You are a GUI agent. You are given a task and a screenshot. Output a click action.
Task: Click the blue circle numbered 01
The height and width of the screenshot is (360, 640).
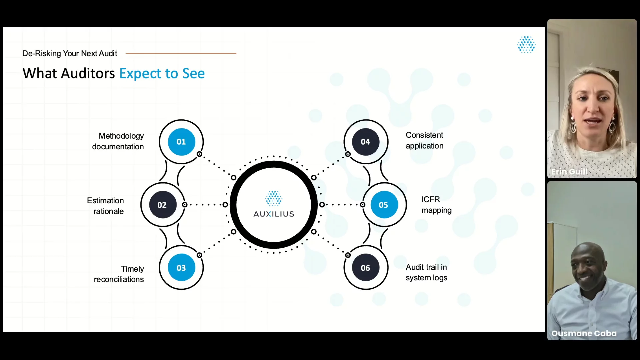point(181,142)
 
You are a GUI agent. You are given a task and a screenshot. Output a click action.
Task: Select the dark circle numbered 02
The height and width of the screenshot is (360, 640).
point(162,205)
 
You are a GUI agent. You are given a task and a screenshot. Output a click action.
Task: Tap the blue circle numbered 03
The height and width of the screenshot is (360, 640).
point(181,268)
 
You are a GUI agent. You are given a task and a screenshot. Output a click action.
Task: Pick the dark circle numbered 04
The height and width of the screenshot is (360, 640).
point(366,142)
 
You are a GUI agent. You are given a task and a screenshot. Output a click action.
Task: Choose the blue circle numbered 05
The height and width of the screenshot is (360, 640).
point(384,205)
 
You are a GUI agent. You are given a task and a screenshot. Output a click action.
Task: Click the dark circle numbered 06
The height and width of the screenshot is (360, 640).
point(366,268)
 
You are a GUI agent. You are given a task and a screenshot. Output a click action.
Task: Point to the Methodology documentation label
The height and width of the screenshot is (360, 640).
point(118,141)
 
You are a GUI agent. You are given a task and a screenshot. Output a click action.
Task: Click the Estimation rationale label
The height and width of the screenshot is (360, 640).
point(105,206)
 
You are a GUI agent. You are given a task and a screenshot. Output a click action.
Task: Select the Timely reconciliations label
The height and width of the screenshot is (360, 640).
point(119,274)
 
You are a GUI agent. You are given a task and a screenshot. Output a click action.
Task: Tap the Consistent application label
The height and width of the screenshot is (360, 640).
point(425,140)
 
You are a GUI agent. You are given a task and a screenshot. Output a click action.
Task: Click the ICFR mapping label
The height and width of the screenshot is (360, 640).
point(436,205)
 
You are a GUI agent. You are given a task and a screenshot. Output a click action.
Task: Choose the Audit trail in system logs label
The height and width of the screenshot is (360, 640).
point(426,272)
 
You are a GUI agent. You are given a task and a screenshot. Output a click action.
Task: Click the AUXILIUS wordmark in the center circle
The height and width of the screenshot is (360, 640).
point(274,214)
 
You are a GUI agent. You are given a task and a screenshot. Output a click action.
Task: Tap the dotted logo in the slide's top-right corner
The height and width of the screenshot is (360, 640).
point(526,45)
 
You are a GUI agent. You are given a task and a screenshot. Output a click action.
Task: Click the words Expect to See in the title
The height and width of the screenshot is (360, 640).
point(162,74)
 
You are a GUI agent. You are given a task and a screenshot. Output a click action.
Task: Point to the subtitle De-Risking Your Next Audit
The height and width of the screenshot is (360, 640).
point(70,53)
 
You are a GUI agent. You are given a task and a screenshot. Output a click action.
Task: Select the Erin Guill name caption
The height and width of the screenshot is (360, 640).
point(569,172)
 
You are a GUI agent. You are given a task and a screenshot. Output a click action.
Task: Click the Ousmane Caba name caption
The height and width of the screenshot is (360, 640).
point(584,333)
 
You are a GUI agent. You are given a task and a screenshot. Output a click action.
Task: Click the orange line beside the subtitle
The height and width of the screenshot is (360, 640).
point(181,53)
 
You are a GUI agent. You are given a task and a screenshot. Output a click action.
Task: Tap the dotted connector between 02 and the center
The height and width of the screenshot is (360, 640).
point(205,205)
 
